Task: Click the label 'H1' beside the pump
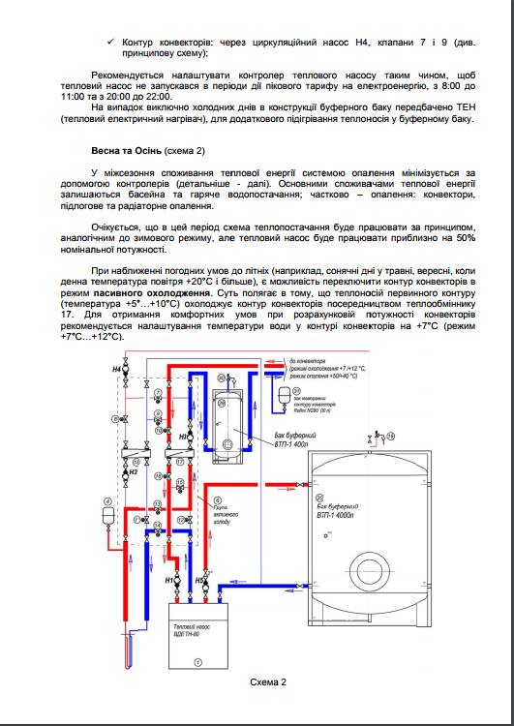[x=168, y=581]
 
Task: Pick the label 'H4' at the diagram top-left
[x=117, y=370]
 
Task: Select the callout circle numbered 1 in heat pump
[x=197, y=660]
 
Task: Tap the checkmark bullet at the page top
[x=114, y=43]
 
